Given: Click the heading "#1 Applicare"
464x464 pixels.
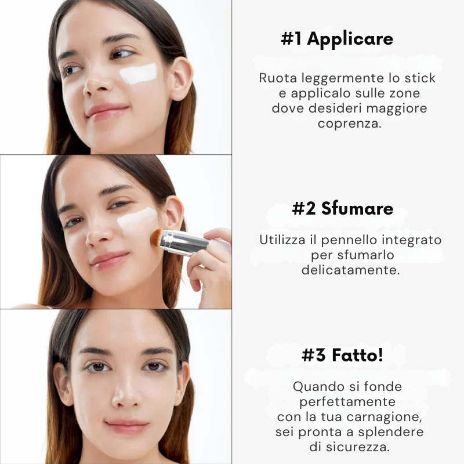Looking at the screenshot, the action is [x=337, y=39].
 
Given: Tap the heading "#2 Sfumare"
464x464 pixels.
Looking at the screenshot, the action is [x=343, y=208].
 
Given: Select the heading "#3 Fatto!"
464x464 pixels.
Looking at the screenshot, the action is [x=342, y=355].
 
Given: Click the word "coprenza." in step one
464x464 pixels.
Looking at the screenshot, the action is [x=350, y=123].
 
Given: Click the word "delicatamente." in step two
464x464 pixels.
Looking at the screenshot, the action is [x=351, y=270].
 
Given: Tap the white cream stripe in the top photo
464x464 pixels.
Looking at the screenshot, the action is [x=139, y=74].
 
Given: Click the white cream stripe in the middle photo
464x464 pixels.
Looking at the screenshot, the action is [x=137, y=220].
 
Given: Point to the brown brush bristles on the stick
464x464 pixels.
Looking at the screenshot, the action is [x=156, y=238].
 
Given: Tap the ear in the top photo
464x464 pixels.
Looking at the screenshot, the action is [x=182, y=79].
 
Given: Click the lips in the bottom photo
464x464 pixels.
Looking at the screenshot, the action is [x=126, y=426].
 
